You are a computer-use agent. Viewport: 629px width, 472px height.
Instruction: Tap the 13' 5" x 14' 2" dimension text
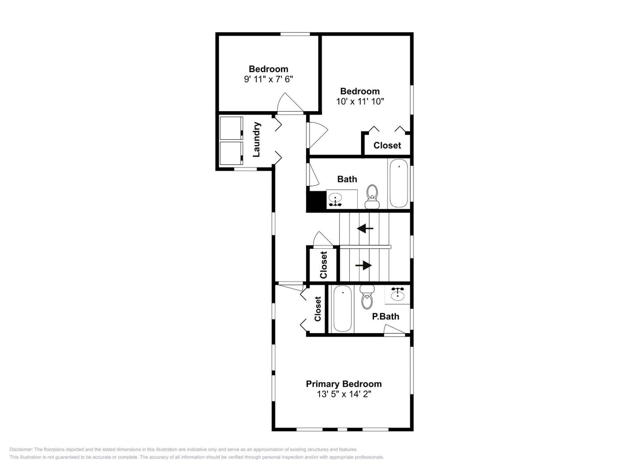point(344,394)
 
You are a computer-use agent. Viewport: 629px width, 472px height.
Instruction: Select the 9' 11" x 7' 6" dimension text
point(268,79)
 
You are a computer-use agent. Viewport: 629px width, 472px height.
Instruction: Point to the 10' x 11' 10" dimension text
point(360,101)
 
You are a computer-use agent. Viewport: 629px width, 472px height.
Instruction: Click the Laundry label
point(256,139)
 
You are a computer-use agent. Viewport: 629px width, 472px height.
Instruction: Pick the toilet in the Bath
point(372,197)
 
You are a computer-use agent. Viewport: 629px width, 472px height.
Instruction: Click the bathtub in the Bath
point(399,183)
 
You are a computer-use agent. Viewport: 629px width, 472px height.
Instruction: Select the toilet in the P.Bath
point(367,297)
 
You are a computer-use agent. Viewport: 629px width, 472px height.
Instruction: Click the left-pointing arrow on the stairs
point(365,228)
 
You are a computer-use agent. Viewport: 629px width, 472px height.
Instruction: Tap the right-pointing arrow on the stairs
point(364,265)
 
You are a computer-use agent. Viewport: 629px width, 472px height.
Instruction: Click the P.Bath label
point(385,316)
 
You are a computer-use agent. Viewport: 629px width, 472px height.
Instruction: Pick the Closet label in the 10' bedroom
point(387,145)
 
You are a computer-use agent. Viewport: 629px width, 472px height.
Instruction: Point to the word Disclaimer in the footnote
point(21,449)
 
